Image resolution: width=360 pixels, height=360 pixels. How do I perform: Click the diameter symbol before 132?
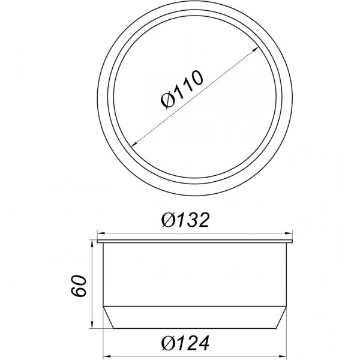[x=169, y=221]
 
